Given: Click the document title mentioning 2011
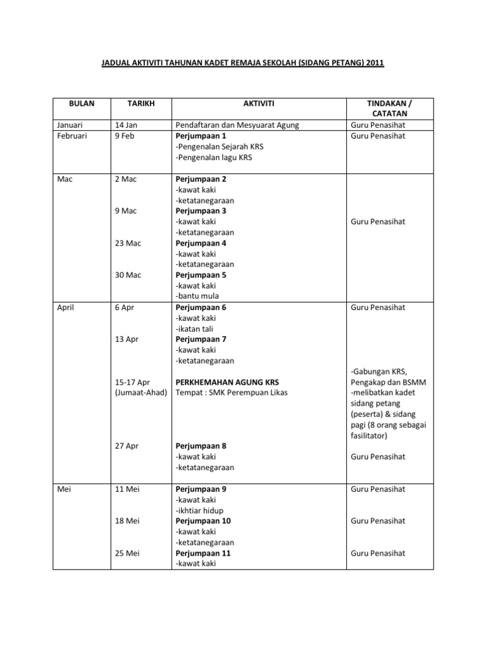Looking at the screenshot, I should click(244, 64).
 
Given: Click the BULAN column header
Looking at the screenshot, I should click(81, 103).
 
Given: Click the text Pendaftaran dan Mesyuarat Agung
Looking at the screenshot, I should click(237, 125).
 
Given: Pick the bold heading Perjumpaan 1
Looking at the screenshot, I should click(201, 136).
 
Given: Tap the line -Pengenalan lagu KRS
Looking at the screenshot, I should click(213, 158).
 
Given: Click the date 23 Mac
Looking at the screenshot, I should click(128, 243).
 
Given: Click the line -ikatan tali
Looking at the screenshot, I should click(196, 328).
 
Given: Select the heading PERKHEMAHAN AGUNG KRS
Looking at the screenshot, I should click(227, 382).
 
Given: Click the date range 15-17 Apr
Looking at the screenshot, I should click(133, 382).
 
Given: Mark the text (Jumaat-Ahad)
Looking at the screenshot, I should click(140, 393).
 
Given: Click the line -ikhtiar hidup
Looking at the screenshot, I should click(199, 510).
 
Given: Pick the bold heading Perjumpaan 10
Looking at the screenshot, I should click(203, 521).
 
